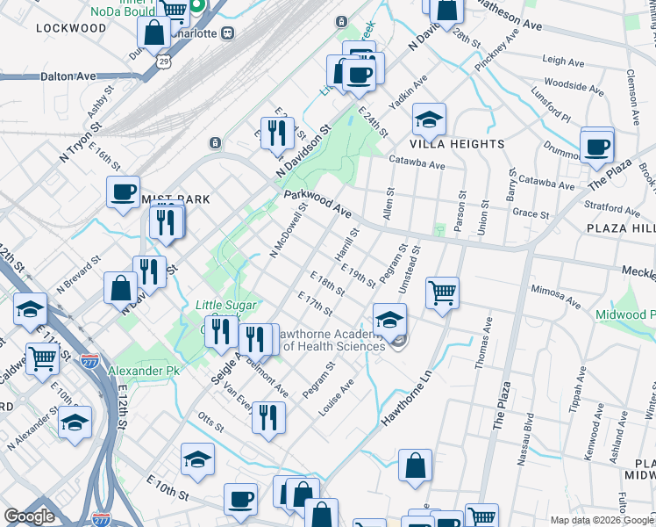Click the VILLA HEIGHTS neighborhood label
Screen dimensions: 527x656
457,143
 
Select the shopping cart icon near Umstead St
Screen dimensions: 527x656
443,292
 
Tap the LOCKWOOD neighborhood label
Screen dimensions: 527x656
71,28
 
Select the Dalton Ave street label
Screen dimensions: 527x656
68,76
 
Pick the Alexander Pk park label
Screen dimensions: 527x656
143,372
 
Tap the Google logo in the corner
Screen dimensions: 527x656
29,516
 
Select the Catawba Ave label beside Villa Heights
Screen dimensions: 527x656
417,163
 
